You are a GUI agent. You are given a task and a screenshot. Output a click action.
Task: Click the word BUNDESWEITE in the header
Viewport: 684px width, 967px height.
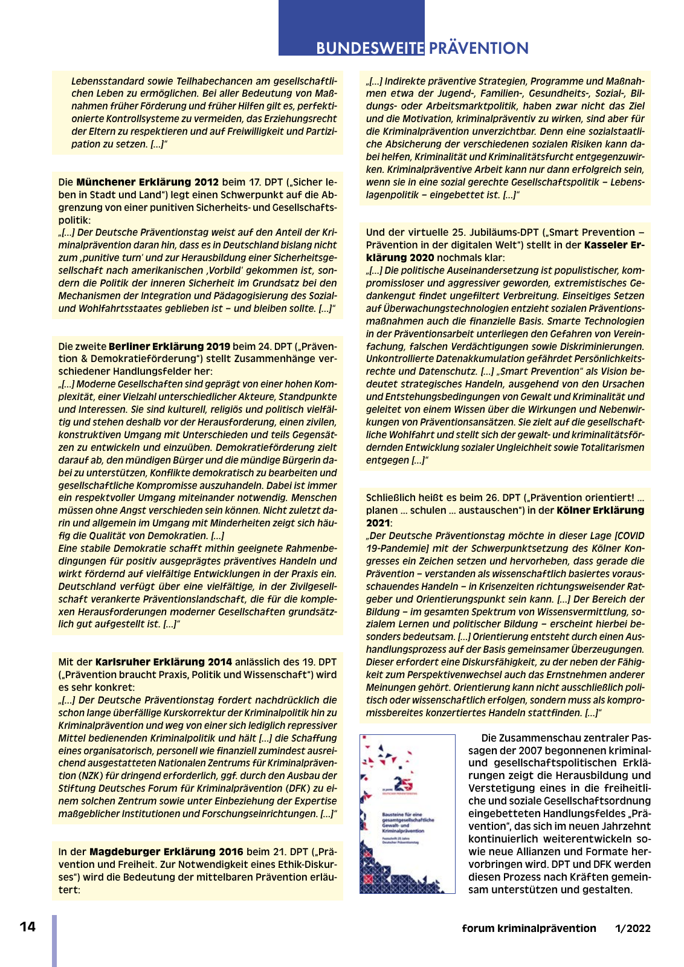370,48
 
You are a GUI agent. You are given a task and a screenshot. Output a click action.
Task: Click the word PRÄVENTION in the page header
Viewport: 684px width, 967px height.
479,48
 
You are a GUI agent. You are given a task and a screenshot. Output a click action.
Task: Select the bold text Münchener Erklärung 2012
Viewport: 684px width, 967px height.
147,182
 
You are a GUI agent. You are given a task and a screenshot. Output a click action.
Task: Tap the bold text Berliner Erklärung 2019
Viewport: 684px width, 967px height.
169,346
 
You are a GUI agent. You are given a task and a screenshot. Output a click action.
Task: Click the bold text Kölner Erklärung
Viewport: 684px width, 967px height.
601,510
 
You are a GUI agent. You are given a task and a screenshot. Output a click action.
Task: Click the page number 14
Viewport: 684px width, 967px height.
28,927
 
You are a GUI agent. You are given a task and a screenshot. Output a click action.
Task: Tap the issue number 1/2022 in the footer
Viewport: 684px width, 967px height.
633,928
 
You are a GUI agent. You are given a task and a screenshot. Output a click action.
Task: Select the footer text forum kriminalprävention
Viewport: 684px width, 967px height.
529,928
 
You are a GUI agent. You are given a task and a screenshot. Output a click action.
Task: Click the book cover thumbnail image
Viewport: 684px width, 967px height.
407,813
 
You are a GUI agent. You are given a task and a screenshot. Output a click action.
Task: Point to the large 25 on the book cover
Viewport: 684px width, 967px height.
403,783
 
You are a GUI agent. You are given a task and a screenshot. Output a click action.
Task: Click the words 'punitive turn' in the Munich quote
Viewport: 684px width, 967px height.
118,257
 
